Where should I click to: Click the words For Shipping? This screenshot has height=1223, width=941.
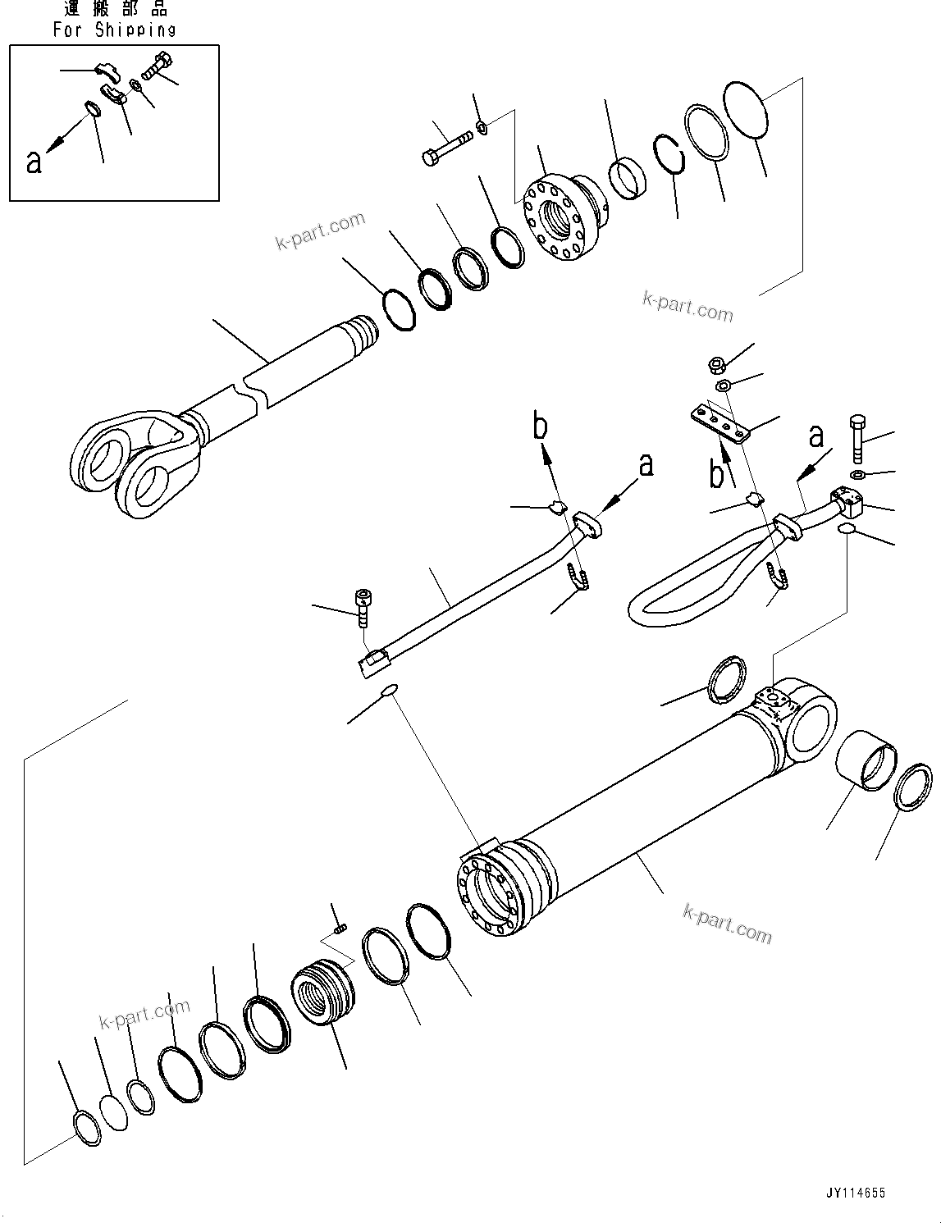tap(115, 30)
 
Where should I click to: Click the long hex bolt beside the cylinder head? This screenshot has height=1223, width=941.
tap(446, 147)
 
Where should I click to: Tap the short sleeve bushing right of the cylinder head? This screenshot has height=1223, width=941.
tap(628, 177)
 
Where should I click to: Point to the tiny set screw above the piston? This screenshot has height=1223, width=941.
tap(341, 927)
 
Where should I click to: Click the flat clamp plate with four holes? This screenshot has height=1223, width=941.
tap(719, 422)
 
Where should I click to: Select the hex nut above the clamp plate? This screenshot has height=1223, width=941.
tap(715, 363)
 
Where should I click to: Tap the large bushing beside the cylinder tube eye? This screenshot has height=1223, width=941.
tap(866, 760)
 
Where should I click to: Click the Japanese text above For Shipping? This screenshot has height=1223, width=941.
tap(115, 10)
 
